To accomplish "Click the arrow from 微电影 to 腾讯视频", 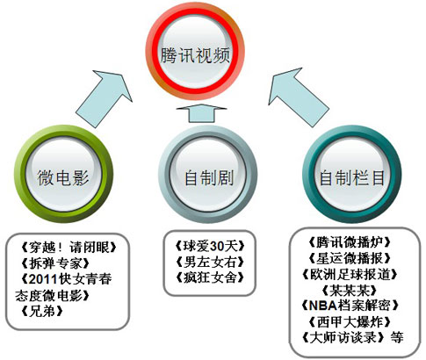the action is (104, 98).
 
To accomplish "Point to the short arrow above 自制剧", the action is (202, 113).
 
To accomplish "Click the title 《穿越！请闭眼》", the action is (69, 248).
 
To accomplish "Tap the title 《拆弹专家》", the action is (55, 263).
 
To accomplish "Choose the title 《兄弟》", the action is (42, 311).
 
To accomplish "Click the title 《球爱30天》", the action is (210, 246).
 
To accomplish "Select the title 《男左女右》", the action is (210, 262).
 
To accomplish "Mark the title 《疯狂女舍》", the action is (210, 277).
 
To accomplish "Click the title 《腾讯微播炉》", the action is (350, 242).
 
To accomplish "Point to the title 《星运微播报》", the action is (350, 258).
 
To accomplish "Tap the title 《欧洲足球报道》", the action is (350, 274).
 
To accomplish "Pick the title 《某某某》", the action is (350, 291).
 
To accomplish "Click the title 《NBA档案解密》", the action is (350, 306).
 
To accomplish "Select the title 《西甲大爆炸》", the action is (350, 322).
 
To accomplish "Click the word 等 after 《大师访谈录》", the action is (397, 338).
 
